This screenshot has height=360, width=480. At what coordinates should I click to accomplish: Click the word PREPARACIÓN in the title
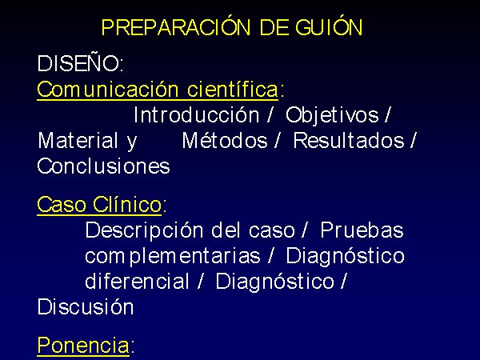176,27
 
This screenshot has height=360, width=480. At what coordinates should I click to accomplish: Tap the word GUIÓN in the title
329,27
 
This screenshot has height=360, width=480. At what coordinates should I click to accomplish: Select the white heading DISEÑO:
81,63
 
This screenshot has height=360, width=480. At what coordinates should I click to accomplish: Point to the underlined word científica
233,89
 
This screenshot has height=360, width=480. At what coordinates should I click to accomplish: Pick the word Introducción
197,115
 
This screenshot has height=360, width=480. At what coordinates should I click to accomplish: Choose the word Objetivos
332,116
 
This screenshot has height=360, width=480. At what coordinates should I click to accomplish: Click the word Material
78,141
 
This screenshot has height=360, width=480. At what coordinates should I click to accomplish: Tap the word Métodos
225,140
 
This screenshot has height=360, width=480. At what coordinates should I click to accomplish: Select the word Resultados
349,141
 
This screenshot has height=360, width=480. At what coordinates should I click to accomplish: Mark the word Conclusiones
103,166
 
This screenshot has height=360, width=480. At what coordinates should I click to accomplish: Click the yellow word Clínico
127,204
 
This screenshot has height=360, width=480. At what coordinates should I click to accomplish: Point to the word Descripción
144,231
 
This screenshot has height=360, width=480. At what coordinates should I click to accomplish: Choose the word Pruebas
362,230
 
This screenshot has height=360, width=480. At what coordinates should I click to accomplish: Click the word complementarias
173,257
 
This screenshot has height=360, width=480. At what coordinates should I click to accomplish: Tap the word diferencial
137,282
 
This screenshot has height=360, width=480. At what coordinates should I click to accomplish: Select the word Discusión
86,306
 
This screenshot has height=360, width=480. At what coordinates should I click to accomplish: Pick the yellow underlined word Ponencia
83,346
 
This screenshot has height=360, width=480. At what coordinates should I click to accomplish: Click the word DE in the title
274,27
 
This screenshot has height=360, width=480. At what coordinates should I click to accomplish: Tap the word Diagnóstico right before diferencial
346,257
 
